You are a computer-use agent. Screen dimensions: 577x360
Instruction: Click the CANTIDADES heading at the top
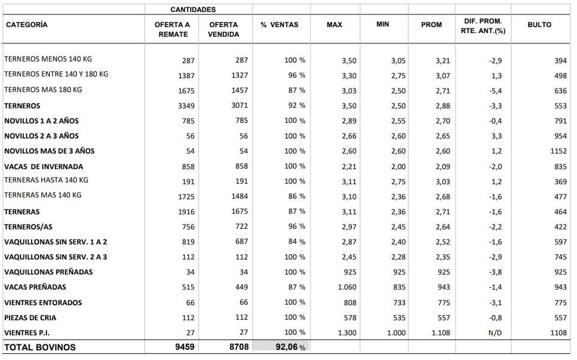[193, 10]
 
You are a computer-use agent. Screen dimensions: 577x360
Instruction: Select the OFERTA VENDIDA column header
[223, 29]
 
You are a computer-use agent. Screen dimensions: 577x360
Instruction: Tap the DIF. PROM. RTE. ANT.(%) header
[483, 26]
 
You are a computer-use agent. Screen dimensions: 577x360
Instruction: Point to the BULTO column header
[539, 25]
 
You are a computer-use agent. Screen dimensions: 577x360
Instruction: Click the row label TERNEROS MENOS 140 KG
[48, 59]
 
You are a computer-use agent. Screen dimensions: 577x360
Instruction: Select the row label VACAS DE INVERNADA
[43, 167]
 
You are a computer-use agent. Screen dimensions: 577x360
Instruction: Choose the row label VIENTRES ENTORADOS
[43, 303]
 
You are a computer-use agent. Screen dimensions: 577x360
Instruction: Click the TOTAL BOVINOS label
[40, 347]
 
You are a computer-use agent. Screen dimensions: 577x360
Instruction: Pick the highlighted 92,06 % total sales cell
[282, 346]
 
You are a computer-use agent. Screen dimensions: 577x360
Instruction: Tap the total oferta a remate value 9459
[185, 347]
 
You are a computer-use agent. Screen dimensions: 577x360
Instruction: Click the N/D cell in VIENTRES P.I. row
[495, 333]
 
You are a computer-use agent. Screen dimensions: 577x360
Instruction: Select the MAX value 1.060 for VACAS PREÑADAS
[347, 287]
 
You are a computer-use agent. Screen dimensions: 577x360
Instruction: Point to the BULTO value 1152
[558, 151]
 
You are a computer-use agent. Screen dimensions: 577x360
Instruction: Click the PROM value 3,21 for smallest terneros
[443, 61]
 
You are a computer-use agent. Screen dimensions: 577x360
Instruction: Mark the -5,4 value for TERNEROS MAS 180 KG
[495, 91]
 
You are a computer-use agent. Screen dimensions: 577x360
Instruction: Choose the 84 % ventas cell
[297, 241]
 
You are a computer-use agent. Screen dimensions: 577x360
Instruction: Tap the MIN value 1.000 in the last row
[396, 333]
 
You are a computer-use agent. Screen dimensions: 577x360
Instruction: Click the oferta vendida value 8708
[239, 347]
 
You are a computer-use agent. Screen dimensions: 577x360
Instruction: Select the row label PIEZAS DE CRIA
[30, 318]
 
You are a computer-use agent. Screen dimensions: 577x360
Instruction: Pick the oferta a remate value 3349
[186, 106]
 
